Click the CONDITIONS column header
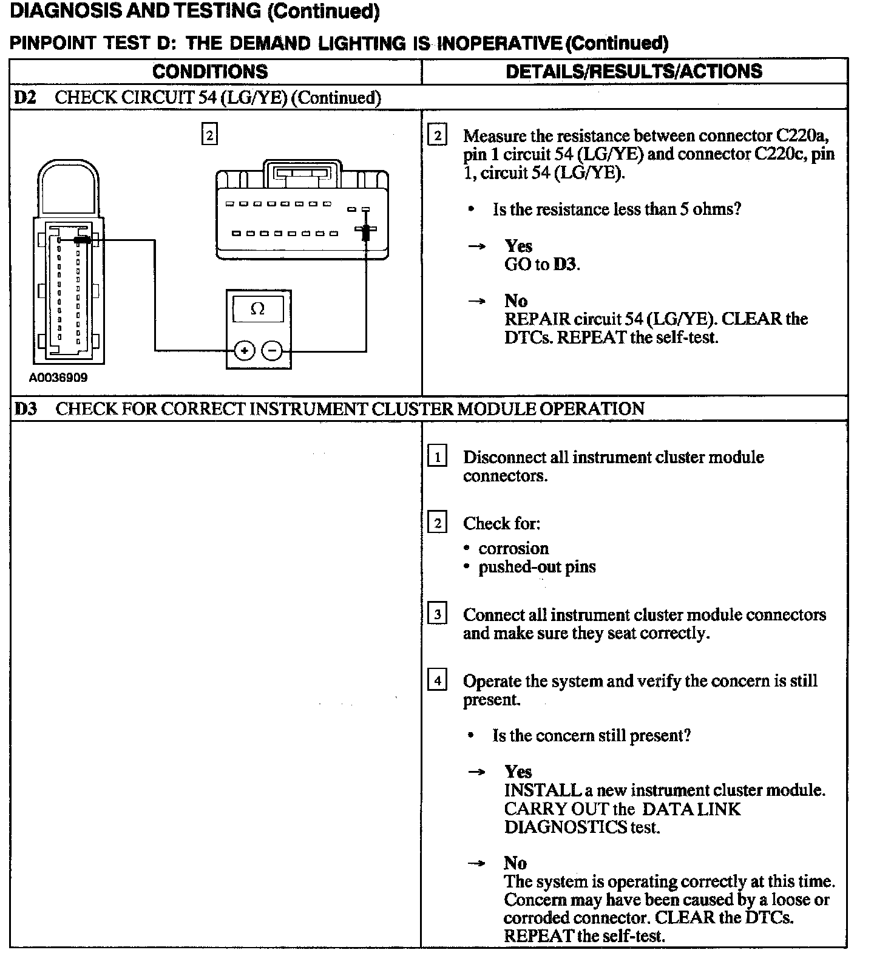pyautogui.click(x=210, y=72)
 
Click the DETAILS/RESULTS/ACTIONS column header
pyautogui.click(x=634, y=71)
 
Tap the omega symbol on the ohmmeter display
pyautogui.click(x=257, y=309)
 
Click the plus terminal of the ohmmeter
pyautogui.click(x=244, y=350)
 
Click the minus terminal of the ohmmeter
pyautogui.click(x=273, y=350)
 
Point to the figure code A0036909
pyautogui.click(x=58, y=378)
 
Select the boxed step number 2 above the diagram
pyautogui.click(x=209, y=135)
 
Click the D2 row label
pyautogui.click(x=25, y=98)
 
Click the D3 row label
pyautogui.click(x=25, y=409)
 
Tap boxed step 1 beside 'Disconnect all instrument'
pyautogui.click(x=437, y=456)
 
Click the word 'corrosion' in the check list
pyautogui.click(x=513, y=548)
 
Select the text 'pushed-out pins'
pyautogui.click(x=537, y=567)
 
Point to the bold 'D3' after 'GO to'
pyautogui.click(x=565, y=265)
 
